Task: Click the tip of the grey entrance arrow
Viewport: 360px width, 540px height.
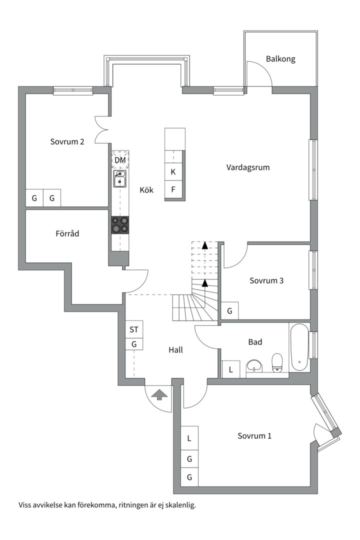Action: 159,389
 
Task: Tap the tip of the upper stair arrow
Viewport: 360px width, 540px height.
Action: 205,242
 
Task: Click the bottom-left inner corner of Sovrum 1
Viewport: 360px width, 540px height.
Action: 181,486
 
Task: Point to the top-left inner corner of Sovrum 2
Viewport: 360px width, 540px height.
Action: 26,94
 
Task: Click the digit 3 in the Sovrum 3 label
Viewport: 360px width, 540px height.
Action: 281,280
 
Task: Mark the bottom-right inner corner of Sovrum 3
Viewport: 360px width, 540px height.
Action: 310,319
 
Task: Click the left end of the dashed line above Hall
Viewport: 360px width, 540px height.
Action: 125,295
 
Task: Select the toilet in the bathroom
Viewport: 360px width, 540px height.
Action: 277,362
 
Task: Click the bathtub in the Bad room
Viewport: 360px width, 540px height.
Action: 299,348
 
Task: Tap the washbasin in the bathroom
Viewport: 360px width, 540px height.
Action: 254,365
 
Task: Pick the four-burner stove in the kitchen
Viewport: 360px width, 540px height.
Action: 120,225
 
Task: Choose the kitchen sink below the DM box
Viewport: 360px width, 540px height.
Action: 120,178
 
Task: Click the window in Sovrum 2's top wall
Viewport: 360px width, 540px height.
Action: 73,90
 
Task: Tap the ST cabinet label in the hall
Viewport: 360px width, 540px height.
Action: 134,329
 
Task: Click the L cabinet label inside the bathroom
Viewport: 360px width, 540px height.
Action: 231,370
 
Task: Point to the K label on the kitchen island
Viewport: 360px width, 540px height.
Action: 173,172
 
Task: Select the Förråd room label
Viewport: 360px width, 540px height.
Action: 67,233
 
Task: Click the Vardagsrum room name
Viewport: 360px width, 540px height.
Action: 248,167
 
